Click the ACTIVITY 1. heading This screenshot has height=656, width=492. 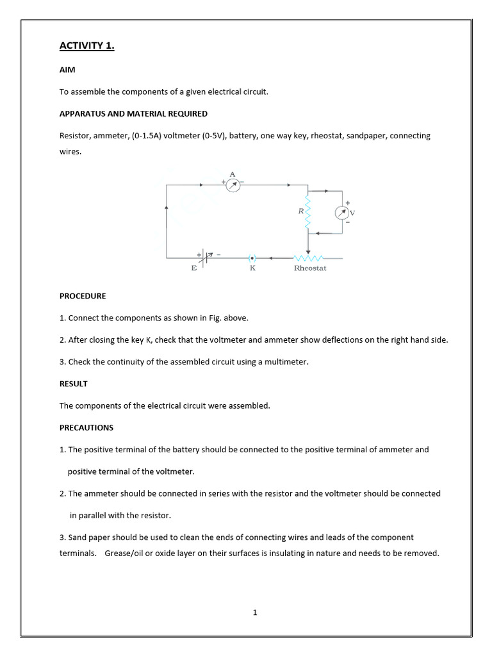(x=86, y=45)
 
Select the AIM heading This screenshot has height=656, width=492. (x=67, y=70)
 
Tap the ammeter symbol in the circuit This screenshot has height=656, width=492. (x=233, y=186)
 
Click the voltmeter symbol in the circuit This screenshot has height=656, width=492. (x=342, y=213)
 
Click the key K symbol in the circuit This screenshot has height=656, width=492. (x=252, y=258)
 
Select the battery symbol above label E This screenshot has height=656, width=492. (x=204, y=258)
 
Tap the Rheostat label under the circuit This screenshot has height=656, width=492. (x=310, y=268)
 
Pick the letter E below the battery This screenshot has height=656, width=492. (x=193, y=268)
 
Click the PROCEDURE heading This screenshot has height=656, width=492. (x=83, y=297)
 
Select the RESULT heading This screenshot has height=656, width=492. (x=74, y=384)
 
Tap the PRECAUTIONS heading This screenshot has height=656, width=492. (x=86, y=427)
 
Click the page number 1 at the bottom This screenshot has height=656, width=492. (x=255, y=612)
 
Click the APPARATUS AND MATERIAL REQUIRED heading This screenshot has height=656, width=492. (x=133, y=113)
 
